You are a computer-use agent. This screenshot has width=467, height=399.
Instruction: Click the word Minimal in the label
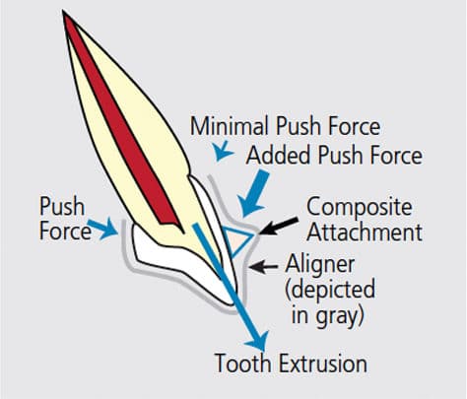click(x=229, y=126)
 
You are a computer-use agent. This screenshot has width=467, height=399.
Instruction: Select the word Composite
click(x=360, y=208)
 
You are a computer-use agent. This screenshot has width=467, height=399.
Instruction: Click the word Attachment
click(x=365, y=232)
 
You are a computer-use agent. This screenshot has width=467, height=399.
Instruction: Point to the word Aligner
click(x=319, y=265)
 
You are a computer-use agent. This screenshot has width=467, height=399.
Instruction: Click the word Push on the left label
click(x=62, y=207)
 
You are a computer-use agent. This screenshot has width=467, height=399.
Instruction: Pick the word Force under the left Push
click(x=65, y=231)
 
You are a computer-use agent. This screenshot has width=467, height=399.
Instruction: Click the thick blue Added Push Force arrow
click(x=253, y=193)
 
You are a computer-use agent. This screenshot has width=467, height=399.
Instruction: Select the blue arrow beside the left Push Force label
click(x=102, y=228)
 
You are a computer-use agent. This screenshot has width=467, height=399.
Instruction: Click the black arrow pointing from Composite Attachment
click(x=279, y=226)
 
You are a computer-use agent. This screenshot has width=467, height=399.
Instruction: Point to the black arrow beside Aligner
click(x=263, y=267)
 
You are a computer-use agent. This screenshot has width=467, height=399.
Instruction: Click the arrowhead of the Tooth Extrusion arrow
click(x=259, y=342)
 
